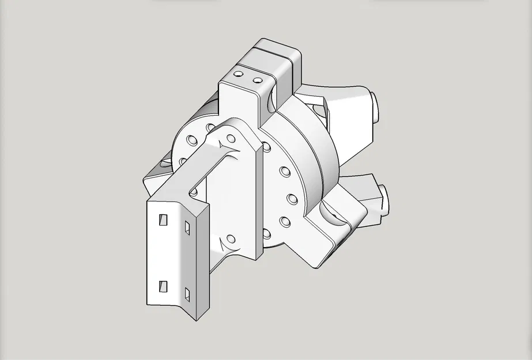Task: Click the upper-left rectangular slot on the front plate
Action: (x=163, y=219)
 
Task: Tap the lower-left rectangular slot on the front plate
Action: (x=163, y=286)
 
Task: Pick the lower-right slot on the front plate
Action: (x=187, y=294)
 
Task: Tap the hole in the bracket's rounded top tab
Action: (x=231, y=138)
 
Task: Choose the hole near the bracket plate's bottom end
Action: (x=231, y=238)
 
